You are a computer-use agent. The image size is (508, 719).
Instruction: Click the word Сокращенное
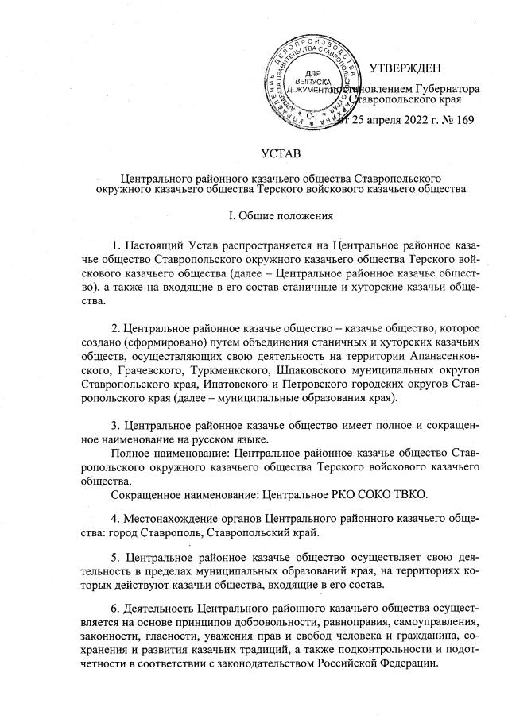[x=155, y=497]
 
